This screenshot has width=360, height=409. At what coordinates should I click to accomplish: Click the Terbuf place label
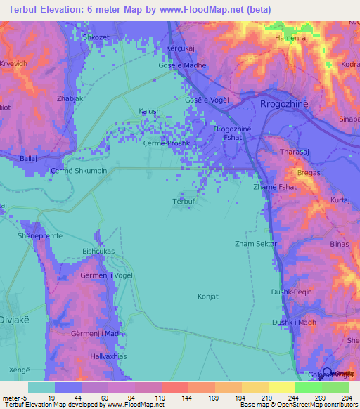pyautogui.click(x=183, y=202)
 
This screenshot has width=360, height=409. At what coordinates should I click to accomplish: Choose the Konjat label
pyautogui.click(x=209, y=296)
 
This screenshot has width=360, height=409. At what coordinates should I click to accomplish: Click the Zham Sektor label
pyautogui.click(x=256, y=244)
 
